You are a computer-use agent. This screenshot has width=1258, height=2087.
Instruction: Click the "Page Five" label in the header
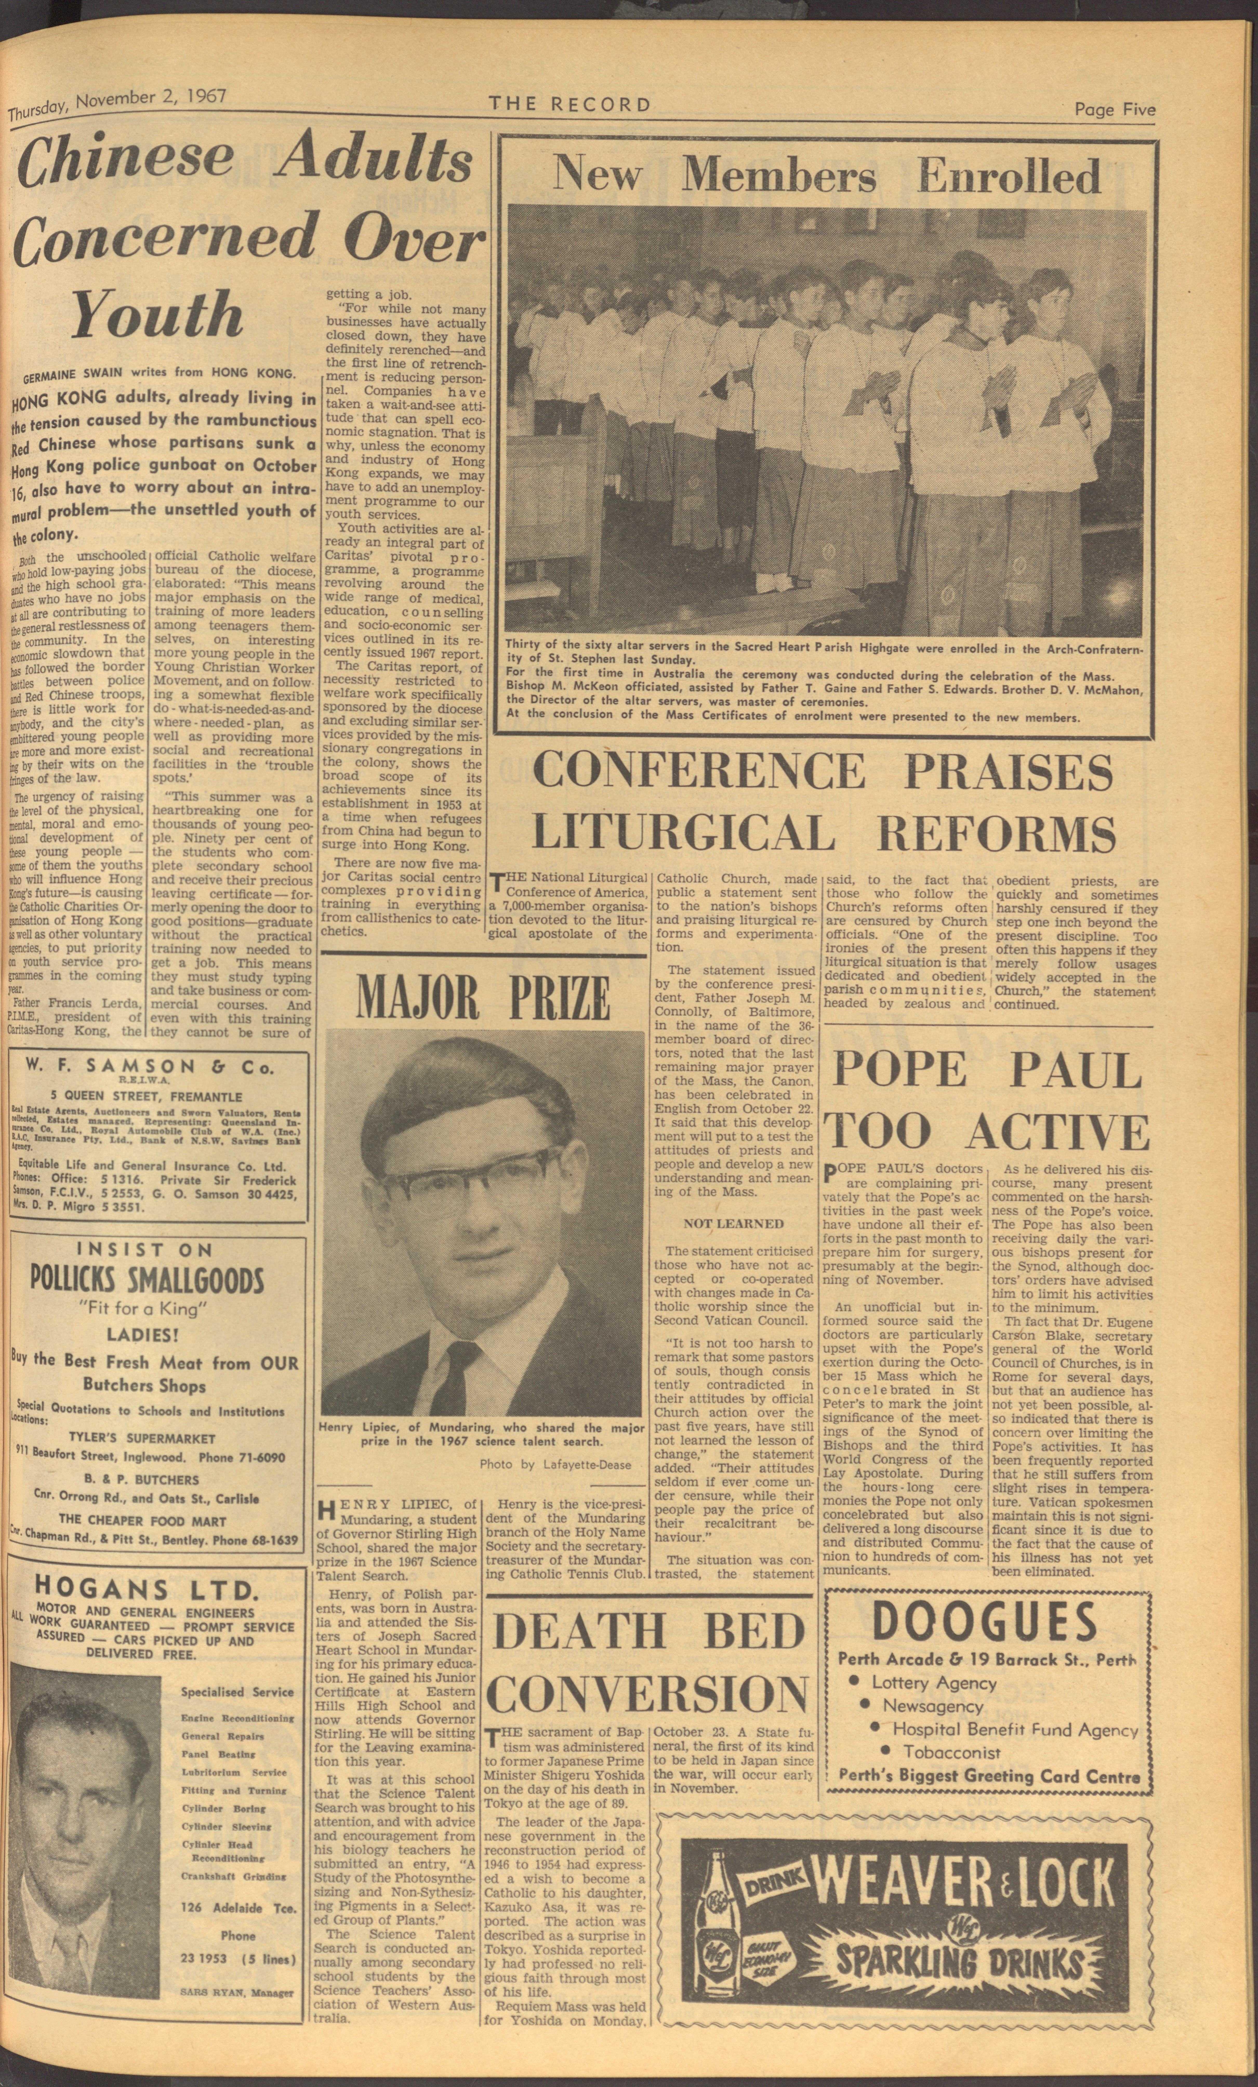[x=1114, y=109]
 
